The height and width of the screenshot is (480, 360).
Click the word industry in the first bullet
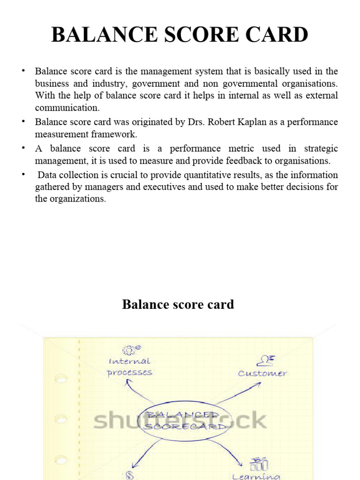pyautogui.click(x=107, y=84)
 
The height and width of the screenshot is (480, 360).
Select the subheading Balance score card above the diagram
pyautogui.click(x=178, y=305)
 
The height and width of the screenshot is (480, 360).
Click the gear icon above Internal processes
pyautogui.click(x=131, y=350)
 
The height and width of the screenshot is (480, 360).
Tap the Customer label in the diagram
pyautogui.click(x=262, y=374)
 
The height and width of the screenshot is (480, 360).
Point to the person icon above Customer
pyautogui.click(x=264, y=360)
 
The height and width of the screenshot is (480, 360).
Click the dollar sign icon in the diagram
pyautogui.click(x=130, y=475)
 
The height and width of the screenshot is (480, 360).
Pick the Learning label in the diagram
pyautogui.click(x=256, y=476)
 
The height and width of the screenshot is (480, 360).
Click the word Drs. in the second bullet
pyautogui.click(x=197, y=122)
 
